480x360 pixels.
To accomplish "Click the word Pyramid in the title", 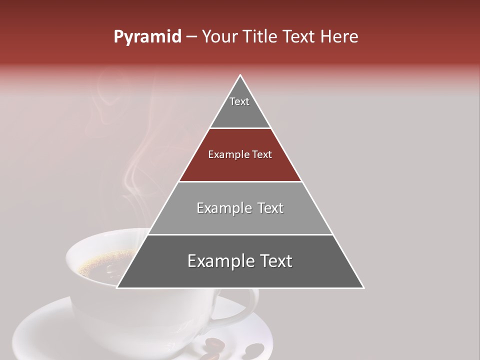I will pyautogui.click(x=147, y=37).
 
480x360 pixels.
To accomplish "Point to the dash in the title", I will pyautogui.click(x=191, y=37).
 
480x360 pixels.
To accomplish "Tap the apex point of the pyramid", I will pyautogui.click(x=240, y=75).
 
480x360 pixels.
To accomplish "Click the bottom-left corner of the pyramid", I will pyautogui.click(x=117, y=287).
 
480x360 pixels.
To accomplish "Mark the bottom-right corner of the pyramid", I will pyautogui.click(x=363, y=287).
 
